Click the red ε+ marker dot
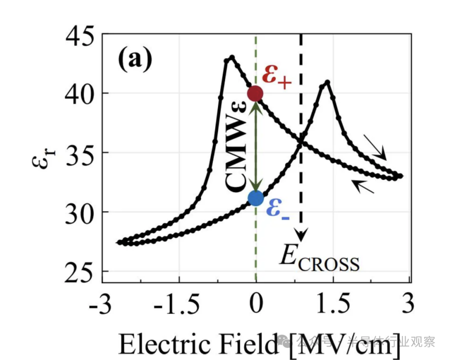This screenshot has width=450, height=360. pos(255,94)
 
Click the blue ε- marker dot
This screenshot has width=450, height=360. pos(255,198)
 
